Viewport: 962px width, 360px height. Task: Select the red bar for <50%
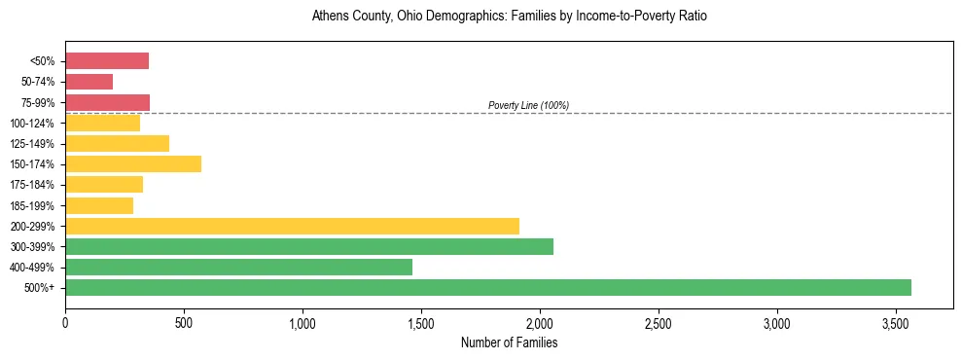click(x=107, y=61)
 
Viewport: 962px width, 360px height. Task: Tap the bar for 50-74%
click(x=89, y=82)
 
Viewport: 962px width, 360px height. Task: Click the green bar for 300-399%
click(x=309, y=246)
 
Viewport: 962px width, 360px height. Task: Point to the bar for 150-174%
click(x=133, y=163)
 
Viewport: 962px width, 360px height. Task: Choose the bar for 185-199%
click(x=99, y=205)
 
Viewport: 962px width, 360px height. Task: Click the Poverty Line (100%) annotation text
click(x=528, y=105)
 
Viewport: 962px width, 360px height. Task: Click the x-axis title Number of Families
click(x=509, y=342)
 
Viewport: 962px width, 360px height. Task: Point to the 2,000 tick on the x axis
click(x=540, y=321)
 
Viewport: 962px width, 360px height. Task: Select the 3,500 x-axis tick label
click(x=896, y=321)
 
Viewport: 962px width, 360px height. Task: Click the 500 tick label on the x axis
click(x=184, y=321)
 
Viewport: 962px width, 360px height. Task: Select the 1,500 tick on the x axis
click(x=421, y=321)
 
